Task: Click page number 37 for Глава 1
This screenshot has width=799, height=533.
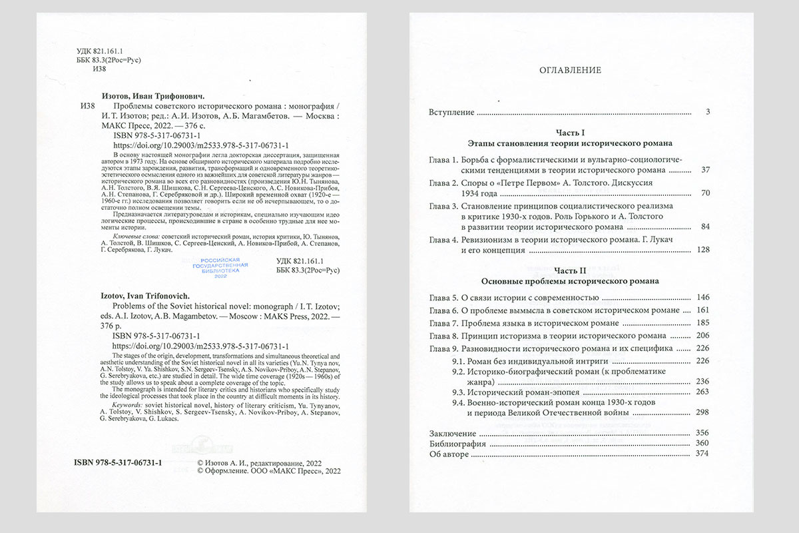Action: (x=706, y=170)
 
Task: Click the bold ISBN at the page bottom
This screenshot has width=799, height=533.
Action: (x=115, y=462)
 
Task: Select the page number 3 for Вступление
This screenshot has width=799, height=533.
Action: (x=708, y=112)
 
